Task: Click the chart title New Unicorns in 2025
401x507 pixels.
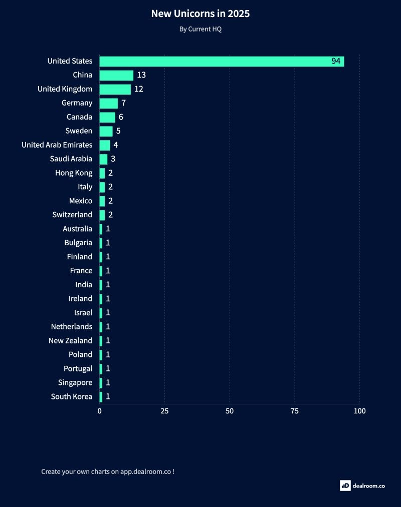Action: tap(200, 14)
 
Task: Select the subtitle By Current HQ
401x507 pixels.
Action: tap(200, 29)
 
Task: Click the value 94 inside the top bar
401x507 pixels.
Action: tap(336, 61)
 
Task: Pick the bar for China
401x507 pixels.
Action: tap(116, 75)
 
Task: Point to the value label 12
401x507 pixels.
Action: tap(139, 89)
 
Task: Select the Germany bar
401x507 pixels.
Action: tap(108, 103)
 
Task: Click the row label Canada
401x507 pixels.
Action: tap(79, 117)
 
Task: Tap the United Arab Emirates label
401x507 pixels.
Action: tap(57, 145)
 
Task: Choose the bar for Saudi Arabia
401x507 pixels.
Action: tap(103, 159)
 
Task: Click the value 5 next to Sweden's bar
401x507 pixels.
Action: tap(118, 131)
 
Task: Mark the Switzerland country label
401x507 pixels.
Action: tap(72, 215)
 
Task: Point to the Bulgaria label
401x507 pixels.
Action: tap(78, 243)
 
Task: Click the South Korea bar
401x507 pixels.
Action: tap(101, 396)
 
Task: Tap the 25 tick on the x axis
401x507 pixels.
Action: tap(164, 411)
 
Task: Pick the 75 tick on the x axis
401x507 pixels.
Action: tap(295, 411)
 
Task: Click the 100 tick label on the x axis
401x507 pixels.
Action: tap(359, 411)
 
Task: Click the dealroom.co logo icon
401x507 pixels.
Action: tap(345, 485)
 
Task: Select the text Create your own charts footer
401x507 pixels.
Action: tap(108, 471)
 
